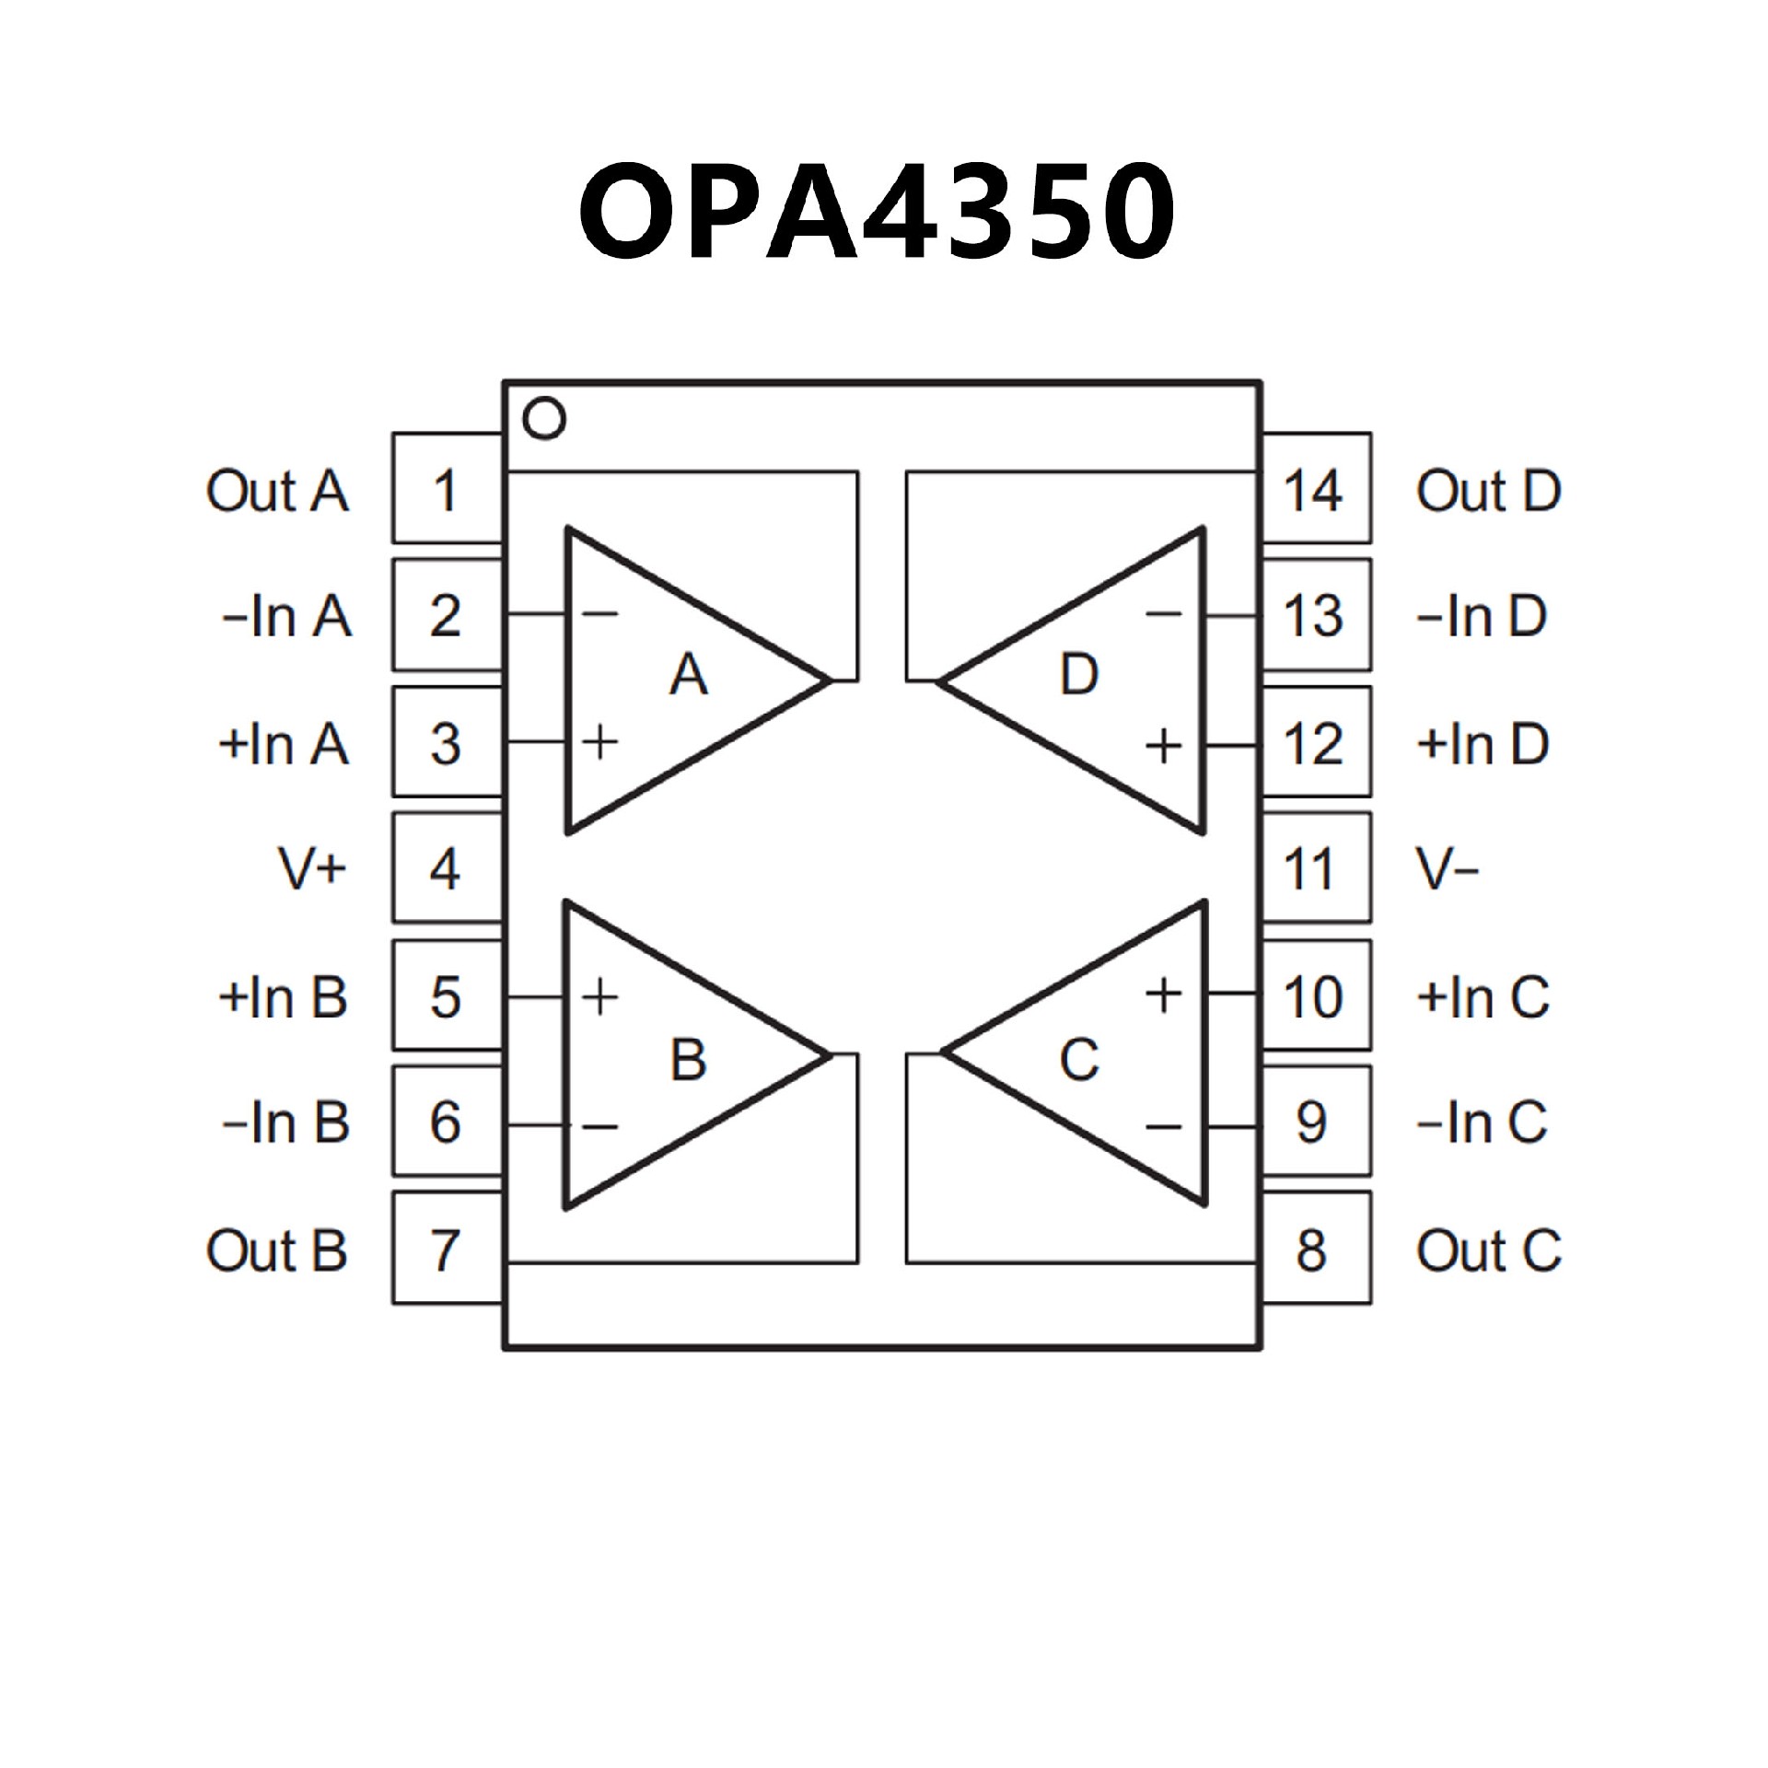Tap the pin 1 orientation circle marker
[543, 419]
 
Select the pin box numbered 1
[447, 489]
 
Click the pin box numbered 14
[1315, 489]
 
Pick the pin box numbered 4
[447, 868]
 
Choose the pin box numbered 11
[1315, 868]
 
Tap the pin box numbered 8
[1315, 1250]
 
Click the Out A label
[277, 491]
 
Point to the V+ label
[312, 868]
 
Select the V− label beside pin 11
[1447, 868]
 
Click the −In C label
[1482, 1122]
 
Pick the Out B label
[277, 1250]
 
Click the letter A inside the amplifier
[689, 675]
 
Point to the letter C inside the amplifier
[1078, 1059]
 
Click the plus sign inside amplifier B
[600, 996]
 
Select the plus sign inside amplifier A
[600, 742]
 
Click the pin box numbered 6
[447, 1122]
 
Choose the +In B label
[284, 996]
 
